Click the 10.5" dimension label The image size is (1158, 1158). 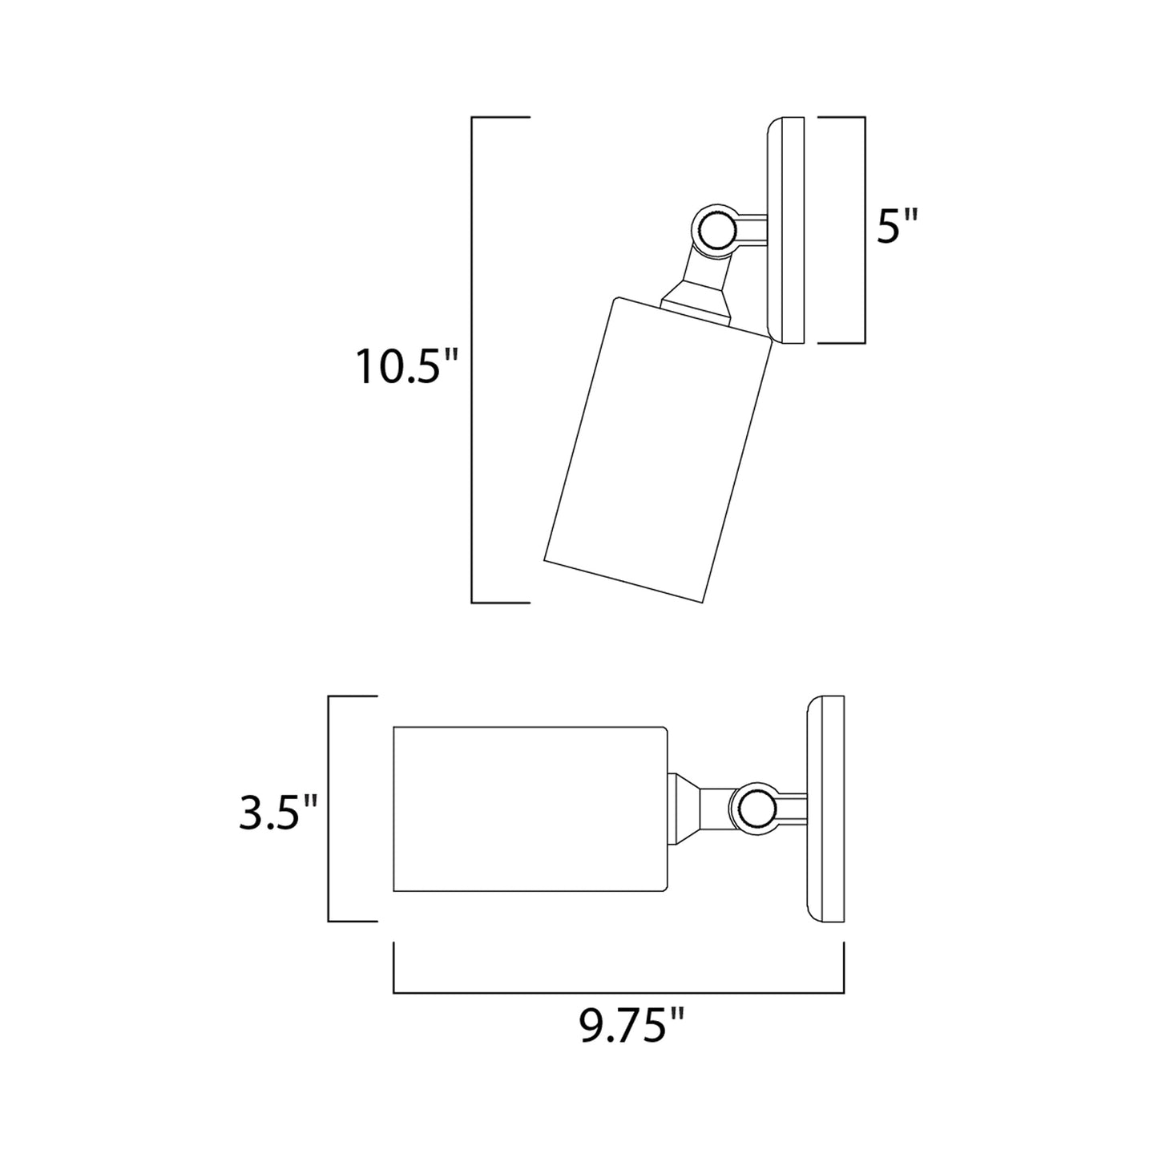tap(406, 367)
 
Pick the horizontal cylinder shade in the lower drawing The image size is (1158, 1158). tap(529, 809)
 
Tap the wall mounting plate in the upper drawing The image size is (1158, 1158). tap(785, 231)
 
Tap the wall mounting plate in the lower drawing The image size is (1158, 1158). tap(825, 809)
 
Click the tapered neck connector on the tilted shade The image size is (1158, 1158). tap(696, 301)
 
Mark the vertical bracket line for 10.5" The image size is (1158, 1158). tap(472, 360)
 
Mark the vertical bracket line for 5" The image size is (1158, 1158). tap(865, 231)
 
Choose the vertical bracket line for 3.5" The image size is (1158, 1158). tap(329, 809)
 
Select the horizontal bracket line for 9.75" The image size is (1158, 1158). tap(618, 992)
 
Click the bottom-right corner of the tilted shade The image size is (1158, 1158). tap(703, 602)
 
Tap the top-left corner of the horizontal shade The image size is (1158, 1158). tap(395, 728)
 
